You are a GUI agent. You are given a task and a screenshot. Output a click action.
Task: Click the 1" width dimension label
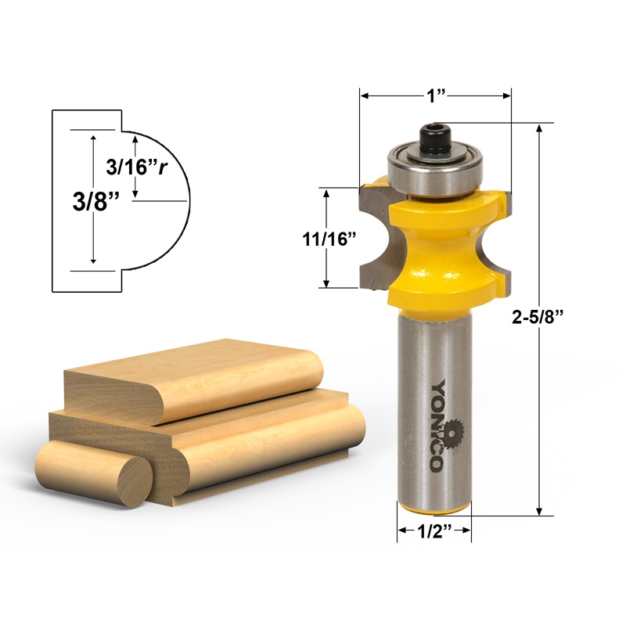(x=436, y=95)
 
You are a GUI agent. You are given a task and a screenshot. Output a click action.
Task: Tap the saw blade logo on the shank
(x=448, y=432)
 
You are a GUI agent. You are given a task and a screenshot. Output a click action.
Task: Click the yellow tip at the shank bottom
(x=434, y=510)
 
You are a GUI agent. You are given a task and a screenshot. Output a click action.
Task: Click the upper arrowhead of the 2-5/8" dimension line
(x=539, y=128)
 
